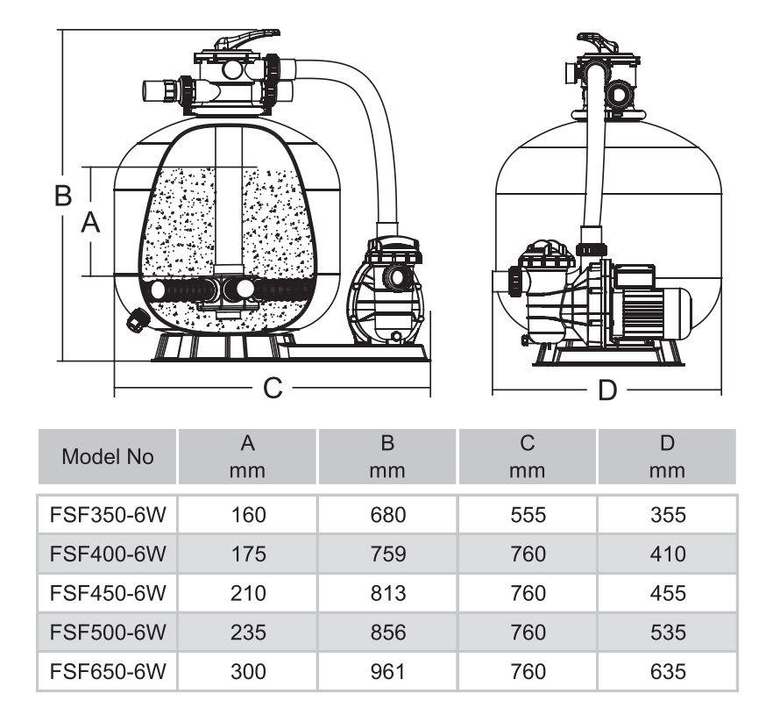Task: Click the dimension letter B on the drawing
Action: (62, 196)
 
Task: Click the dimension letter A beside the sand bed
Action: (90, 224)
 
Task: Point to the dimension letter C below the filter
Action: (273, 387)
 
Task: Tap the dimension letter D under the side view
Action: (607, 390)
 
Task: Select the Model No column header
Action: (108, 457)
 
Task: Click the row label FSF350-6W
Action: (108, 515)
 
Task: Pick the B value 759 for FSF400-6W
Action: (387, 554)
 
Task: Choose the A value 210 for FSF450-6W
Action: (248, 594)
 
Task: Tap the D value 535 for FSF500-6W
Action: (668, 633)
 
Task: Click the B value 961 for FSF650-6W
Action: (387, 672)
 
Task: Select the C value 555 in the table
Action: (528, 515)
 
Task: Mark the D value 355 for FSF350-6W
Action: (668, 515)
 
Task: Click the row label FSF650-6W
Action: (108, 672)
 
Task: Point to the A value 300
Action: (248, 672)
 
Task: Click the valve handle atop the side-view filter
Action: (598, 41)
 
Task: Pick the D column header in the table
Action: (668, 457)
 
